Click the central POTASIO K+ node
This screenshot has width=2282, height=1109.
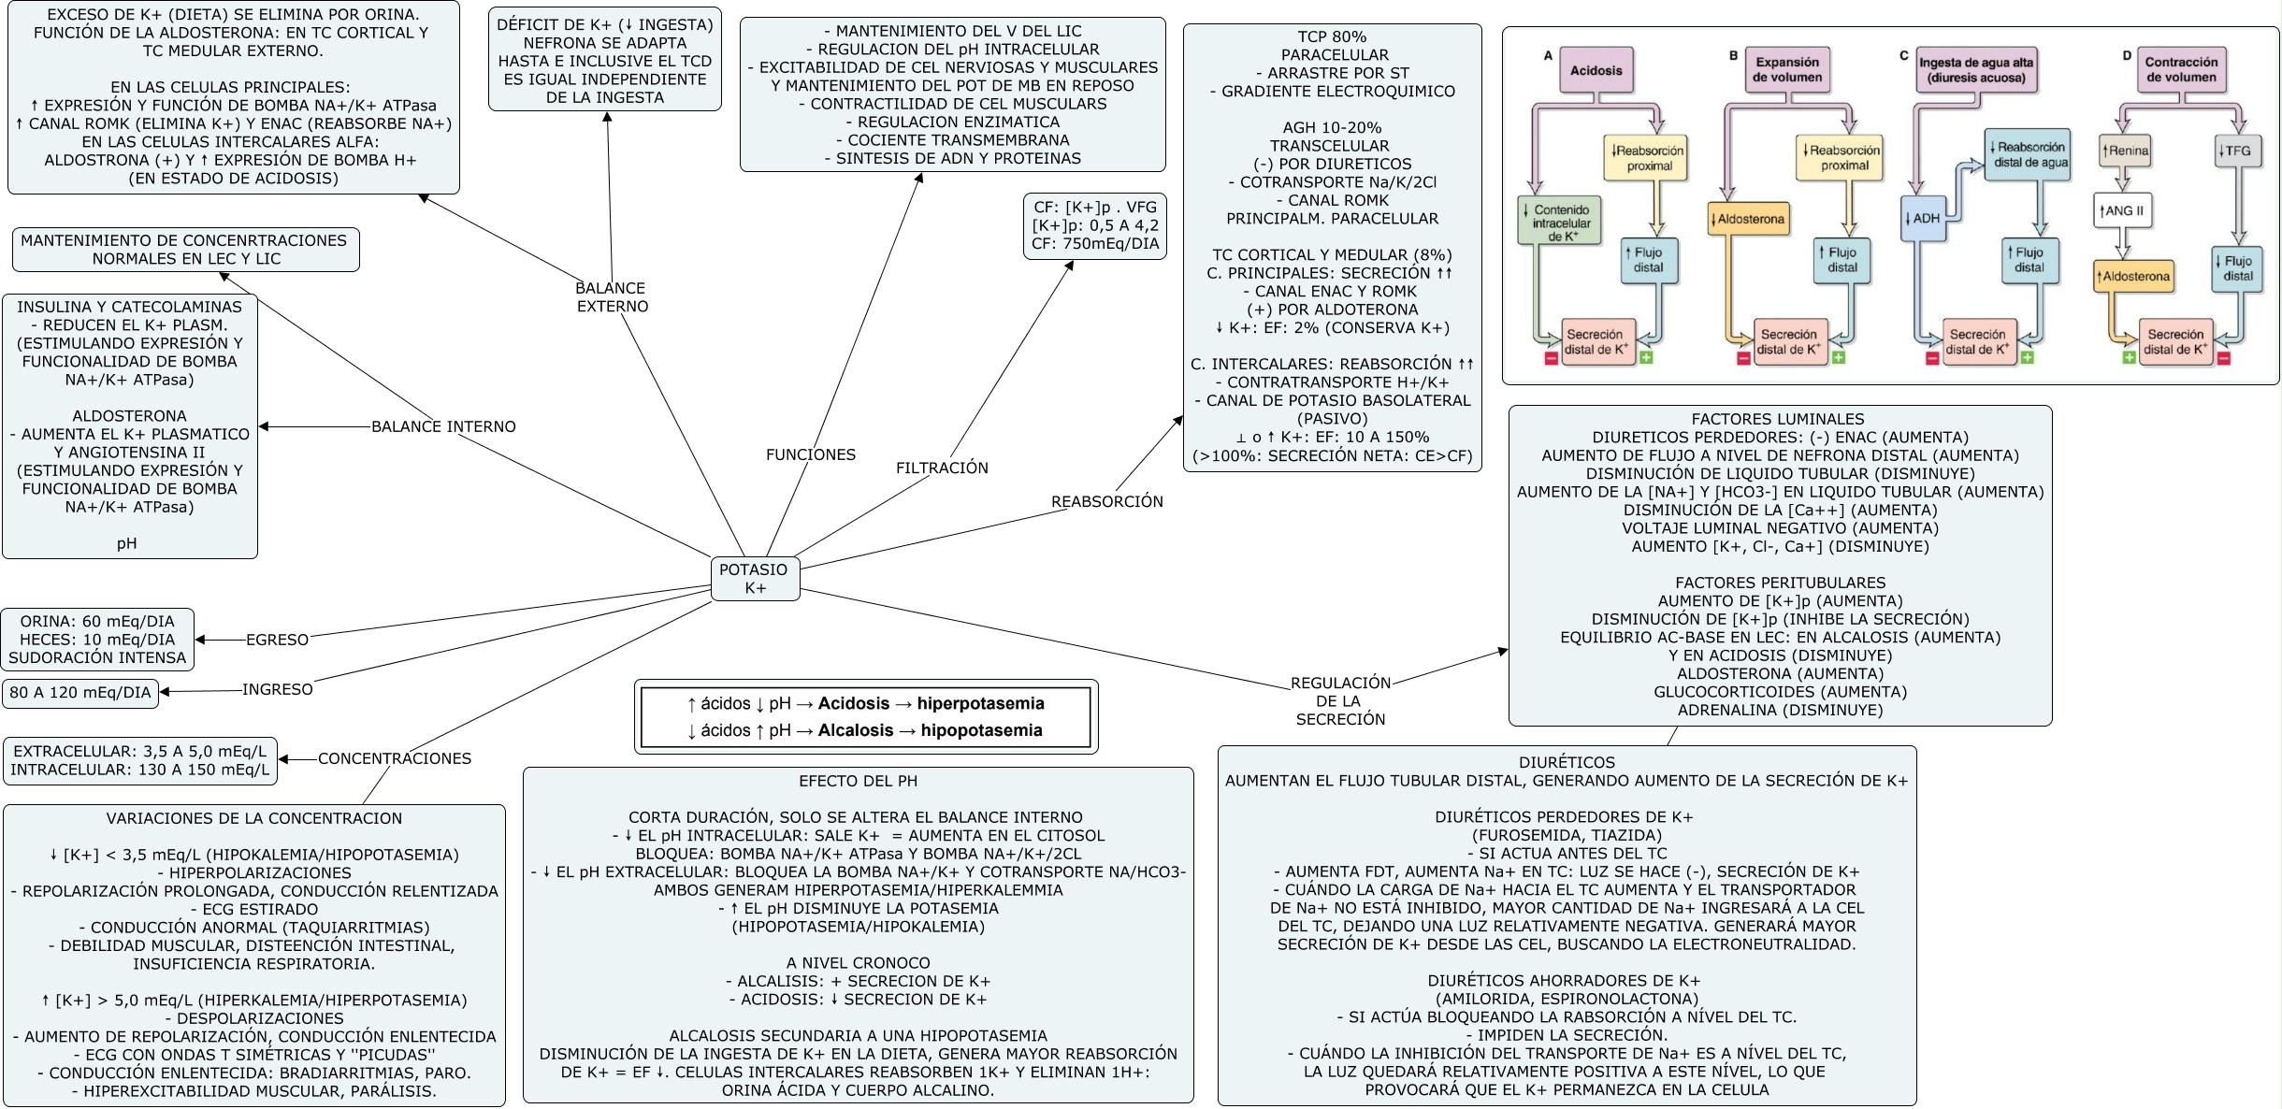[755, 579]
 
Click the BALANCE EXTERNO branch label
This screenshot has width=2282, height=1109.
[612, 297]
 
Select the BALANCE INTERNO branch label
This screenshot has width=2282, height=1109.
[443, 427]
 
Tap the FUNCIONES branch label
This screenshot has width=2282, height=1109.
[810, 455]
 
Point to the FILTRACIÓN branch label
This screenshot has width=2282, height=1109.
[941, 468]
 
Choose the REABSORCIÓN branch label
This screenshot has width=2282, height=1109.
[1106, 502]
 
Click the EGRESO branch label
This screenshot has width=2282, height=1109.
[277, 641]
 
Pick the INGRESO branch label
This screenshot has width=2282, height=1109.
[277, 690]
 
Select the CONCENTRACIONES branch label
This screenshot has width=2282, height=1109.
[394, 759]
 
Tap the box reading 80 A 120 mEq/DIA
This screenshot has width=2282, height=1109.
[80, 693]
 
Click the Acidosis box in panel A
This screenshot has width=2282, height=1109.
[1596, 71]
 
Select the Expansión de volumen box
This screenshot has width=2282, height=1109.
[1786, 70]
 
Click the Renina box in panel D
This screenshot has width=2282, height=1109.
[2125, 151]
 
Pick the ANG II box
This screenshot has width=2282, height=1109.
[2121, 211]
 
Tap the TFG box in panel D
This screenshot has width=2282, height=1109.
[2237, 151]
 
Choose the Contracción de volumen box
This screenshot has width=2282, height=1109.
[2181, 70]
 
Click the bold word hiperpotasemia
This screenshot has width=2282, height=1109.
[980, 704]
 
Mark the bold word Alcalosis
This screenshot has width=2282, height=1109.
[855, 731]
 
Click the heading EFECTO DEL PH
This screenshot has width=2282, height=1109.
[858, 782]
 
